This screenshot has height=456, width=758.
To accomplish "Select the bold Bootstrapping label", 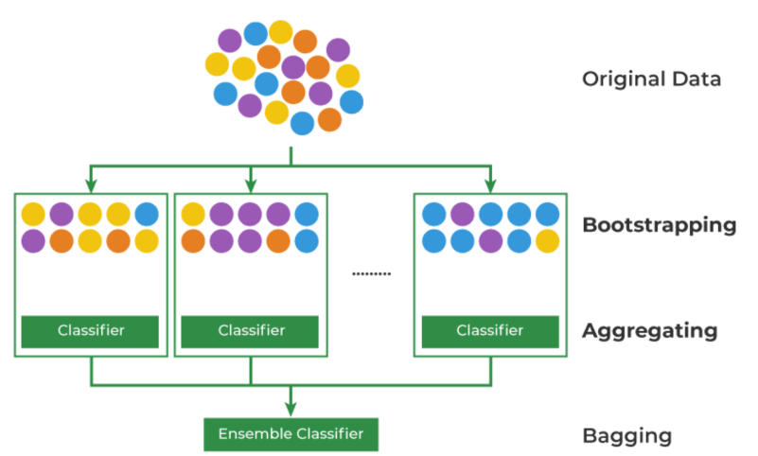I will click(659, 225).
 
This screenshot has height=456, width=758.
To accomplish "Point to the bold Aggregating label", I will click(649, 331).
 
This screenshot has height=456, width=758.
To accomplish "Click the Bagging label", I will click(626, 436).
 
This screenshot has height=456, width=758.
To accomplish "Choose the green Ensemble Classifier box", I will click(291, 434).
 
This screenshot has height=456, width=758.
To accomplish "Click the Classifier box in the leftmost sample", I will click(91, 331).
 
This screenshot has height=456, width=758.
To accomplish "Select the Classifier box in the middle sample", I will click(251, 331).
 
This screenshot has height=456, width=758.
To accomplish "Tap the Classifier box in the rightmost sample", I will click(489, 331).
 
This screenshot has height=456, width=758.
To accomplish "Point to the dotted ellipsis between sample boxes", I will click(370, 273).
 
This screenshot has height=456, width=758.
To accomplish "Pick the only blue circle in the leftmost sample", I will click(147, 215).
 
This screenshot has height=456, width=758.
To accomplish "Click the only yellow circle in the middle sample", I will click(193, 215).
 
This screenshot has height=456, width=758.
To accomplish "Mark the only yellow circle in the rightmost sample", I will click(547, 241).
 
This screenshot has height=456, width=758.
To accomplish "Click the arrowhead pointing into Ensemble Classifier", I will click(291, 410).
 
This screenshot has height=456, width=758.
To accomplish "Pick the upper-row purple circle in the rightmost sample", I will click(463, 215).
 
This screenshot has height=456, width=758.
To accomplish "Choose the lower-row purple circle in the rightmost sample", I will click(490, 241).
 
